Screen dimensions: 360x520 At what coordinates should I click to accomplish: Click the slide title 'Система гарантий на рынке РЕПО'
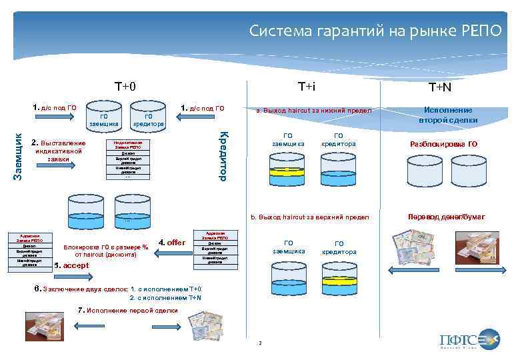point(375,31)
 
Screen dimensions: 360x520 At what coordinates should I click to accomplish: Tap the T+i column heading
point(306,87)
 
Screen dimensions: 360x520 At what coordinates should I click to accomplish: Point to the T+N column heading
point(440,87)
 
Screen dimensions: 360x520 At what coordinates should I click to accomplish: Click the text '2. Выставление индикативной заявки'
point(59,151)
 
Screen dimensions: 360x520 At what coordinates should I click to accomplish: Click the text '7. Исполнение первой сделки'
point(128,310)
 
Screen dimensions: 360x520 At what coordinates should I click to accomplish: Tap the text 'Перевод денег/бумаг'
point(446,217)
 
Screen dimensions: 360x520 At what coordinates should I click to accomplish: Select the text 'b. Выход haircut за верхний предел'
point(309,217)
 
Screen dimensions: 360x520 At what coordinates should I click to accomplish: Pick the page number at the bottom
point(260,343)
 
